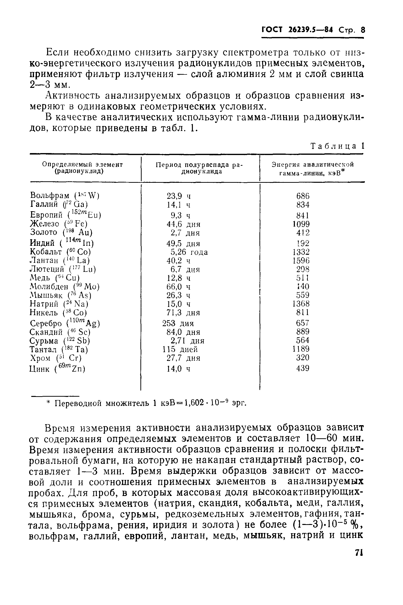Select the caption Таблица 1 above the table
pos(337,146)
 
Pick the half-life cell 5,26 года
pos(189,252)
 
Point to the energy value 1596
pos(301,261)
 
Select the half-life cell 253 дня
pos(178,323)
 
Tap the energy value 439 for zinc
pos(302,368)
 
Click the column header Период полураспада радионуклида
pos(199,168)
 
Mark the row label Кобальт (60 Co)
pos(60,252)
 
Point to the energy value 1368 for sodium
pos(301,304)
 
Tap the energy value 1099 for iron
pos(301,224)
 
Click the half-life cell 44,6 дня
pos(183,224)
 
